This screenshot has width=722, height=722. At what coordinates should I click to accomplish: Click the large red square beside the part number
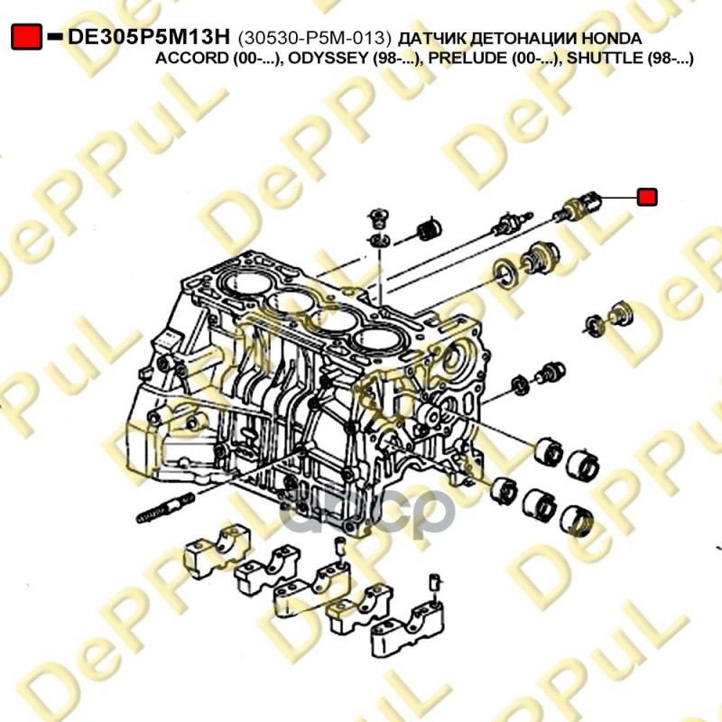click(27, 36)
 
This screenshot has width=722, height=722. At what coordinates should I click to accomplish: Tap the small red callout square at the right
click(647, 197)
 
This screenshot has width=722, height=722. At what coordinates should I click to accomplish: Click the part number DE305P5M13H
click(148, 37)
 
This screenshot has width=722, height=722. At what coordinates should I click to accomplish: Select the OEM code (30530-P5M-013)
click(314, 38)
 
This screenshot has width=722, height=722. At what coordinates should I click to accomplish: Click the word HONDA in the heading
click(611, 38)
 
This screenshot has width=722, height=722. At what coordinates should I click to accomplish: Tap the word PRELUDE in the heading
click(467, 59)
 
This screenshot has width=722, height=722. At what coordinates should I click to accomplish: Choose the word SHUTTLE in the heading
click(604, 59)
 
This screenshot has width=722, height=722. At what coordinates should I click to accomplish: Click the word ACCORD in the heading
click(191, 59)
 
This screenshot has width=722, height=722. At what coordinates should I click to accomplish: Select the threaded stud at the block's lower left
click(166, 508)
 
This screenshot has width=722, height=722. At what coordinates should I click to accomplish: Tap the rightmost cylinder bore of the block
click(378, 340)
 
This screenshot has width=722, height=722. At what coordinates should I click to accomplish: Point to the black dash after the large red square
click(55, 36)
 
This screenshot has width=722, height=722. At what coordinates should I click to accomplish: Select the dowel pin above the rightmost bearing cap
click(435, 584)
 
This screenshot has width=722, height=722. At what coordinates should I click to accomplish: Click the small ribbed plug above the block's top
click(430, 230)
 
